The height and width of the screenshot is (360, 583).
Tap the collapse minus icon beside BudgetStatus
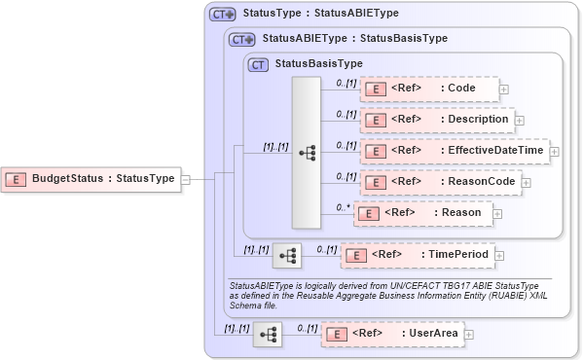pyautogui.click(x=185, y=178)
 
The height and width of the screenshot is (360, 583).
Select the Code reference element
pyautogui.click(x=428, y=89)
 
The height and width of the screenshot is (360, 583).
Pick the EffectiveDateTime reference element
pyautogui.click(x=454, y=151)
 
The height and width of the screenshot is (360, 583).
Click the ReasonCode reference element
pyautogui.click(x=441, y=181)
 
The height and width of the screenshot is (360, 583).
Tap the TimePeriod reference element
pyautogui.click(x=417, y=255)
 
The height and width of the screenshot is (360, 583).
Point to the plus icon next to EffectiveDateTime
pyautogui.click(x=555, y=151)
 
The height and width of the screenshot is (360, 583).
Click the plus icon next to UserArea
pyautogui.click(x=469, y=334)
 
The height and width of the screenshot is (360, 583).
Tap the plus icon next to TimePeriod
pyautogui.click(x=500, y=255)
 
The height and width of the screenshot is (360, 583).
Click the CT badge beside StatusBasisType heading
pyautogui.click(x=258, y=64)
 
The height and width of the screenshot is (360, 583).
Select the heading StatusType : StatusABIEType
pyautogui.click(x=320, y=15)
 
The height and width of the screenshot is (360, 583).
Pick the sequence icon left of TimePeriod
pyautogui.click(x=287, y=255)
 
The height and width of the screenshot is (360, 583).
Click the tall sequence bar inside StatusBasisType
pyautogui.click(x=306, y=153)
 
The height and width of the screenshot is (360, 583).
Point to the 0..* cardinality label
pyautogui.click(x=343, y=206)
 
